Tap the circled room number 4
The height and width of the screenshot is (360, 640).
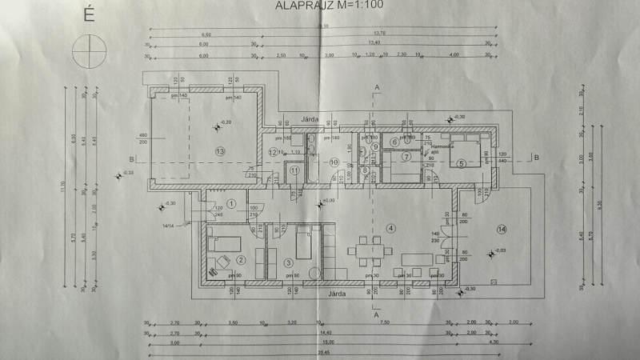click(x=390, y=229)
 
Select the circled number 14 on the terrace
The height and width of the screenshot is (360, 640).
click(x=502, y=230)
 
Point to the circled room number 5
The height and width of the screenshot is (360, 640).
click(x=462, y=163)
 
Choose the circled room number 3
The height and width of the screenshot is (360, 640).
click(x=289, y=262)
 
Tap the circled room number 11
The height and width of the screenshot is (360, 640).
click(x=295, y=170)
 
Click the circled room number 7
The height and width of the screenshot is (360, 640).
click(x=406, y=156)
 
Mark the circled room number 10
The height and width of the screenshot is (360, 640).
click(x=334, y=162)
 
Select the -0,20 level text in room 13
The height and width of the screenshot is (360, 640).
click(x=226, y=122)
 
